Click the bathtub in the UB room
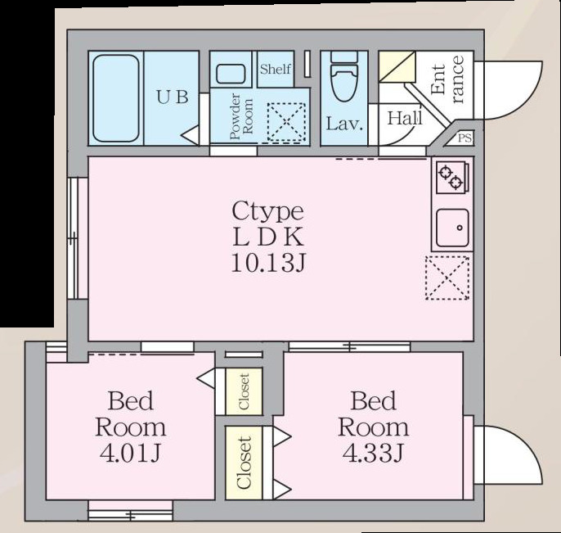pyautogui.click(x=115, y=98)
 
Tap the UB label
pyautogui.click(x=173, y=97)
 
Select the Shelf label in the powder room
pyautogui.click(x=275, y=70)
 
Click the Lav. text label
pyautogui.click(x=344, y=124)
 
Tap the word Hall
pyautogui.click(x=405, y=118)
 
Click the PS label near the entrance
pyautogui.click(x=465, y=138)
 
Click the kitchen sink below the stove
pyautogui.click(x=451, y=227)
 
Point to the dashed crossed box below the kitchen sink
pyautogui.click(x=447, y=278)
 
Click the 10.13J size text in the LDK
pyautogui.click(x=267, y=264)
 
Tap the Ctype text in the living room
pyautogui.click(x=267, y=211)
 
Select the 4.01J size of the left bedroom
pyautogui.click(x=130, y=452)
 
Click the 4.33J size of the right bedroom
pyautogui.click(x=373, y=452)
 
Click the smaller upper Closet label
pyautogui.click(x=244, y=391)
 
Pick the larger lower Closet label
pyautogui.click(x=244, y=463)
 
